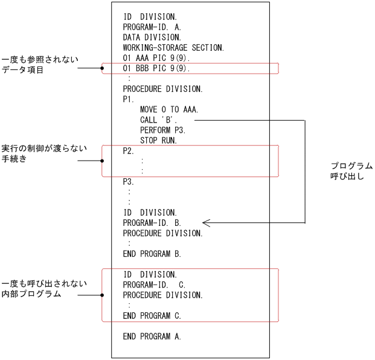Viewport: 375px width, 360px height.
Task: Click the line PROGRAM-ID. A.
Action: coord(152,27)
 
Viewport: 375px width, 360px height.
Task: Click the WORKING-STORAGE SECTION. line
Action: coord(173,47)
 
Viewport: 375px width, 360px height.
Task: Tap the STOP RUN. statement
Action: coord(158,140)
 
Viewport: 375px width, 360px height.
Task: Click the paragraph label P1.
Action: coord(129,99)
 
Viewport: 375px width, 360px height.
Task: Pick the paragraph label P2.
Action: coord(129,151)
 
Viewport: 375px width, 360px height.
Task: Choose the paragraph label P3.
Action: coord(129,181)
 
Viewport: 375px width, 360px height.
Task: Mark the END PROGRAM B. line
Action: coord(152,254)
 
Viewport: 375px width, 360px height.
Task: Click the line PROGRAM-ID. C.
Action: coord(153,284)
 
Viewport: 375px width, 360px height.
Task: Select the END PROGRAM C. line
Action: coord(152,315)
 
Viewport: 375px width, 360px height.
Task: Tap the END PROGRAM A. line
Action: coord(152,336)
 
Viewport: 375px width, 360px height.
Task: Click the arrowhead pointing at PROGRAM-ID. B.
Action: coord(205,223)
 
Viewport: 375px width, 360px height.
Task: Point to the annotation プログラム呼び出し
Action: coord(351,171)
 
